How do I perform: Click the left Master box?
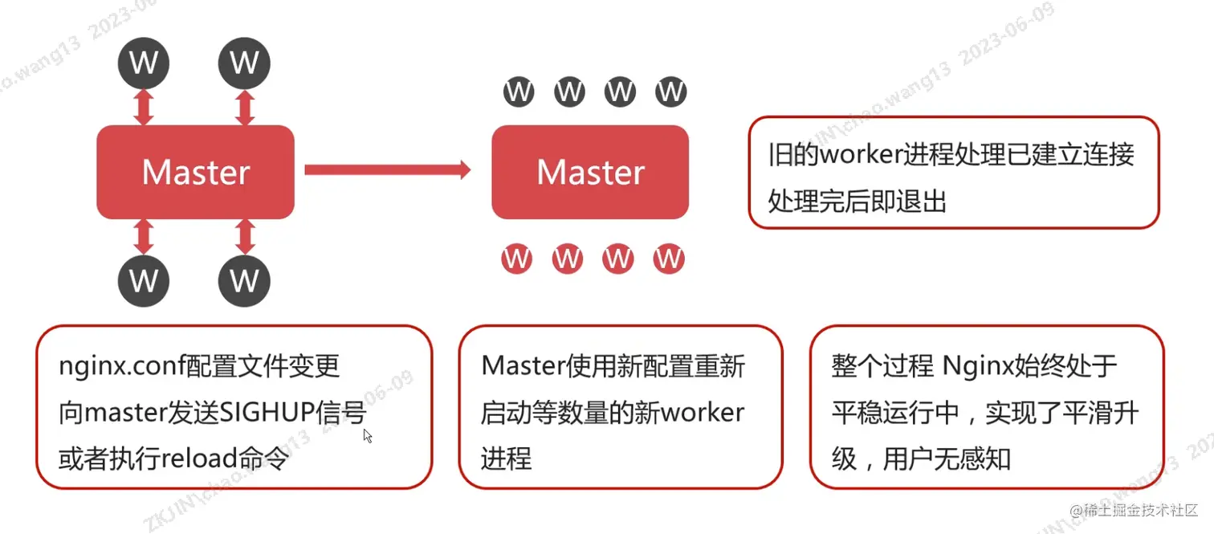coord(195,172)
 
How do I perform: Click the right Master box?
coord(590,172)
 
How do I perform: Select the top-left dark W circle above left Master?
coord(144,62)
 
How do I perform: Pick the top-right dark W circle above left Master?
coord(244,62)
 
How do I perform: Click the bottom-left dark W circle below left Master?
coord(144,280)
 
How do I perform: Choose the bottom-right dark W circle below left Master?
coord(244,280)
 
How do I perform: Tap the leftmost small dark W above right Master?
coord(519,92)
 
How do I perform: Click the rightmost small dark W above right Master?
coord(670,92)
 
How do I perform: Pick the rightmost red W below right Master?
coord(668,259)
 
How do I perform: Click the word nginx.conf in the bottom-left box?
coord(121,366)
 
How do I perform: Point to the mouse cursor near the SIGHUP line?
coord(367,435)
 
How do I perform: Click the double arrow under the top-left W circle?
coord(144,106)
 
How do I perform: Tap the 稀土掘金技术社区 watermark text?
coord(1140,511)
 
